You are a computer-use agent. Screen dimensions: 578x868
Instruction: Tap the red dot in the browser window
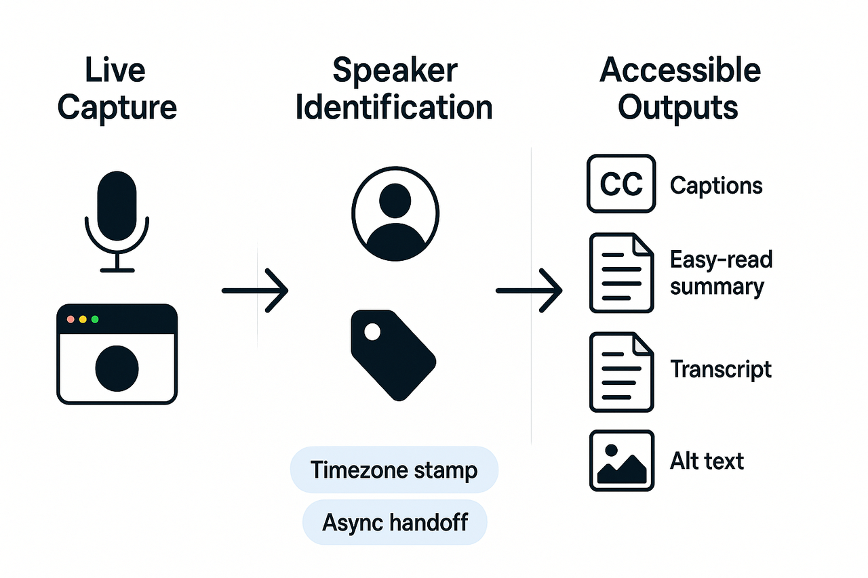(x=69, y=319)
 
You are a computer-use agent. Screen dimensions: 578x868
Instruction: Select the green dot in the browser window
(x=95, y=319)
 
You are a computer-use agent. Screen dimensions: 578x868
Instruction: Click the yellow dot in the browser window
(x=82, y=319)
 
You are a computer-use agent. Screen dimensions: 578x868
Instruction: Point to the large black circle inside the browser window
(x=117, y=368)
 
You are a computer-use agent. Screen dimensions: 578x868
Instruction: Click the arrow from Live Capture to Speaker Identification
(x=256, y=291)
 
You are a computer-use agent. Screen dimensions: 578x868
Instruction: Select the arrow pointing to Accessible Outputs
(x=529, y=291)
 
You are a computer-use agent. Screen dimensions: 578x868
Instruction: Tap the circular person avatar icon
(x=395, y=213)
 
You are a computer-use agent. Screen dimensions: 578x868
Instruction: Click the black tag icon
(x=393, y=354)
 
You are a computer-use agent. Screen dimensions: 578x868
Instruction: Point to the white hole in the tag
(x=372, y=331)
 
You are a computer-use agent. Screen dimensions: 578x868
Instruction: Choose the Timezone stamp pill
(x=393, y=470)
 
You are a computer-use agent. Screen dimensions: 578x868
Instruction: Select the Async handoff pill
(x=395, y=522)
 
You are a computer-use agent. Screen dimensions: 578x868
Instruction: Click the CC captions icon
(x=621, y=184)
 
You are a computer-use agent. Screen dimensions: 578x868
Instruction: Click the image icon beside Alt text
(x=621, y=460)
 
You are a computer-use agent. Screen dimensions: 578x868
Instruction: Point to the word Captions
(x=716, y=186)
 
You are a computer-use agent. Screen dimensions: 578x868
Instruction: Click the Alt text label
(x=707, y=461)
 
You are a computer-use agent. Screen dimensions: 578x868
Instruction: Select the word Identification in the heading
(x=394, y=108)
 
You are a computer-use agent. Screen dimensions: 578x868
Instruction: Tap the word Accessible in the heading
(x=680, y=70)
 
